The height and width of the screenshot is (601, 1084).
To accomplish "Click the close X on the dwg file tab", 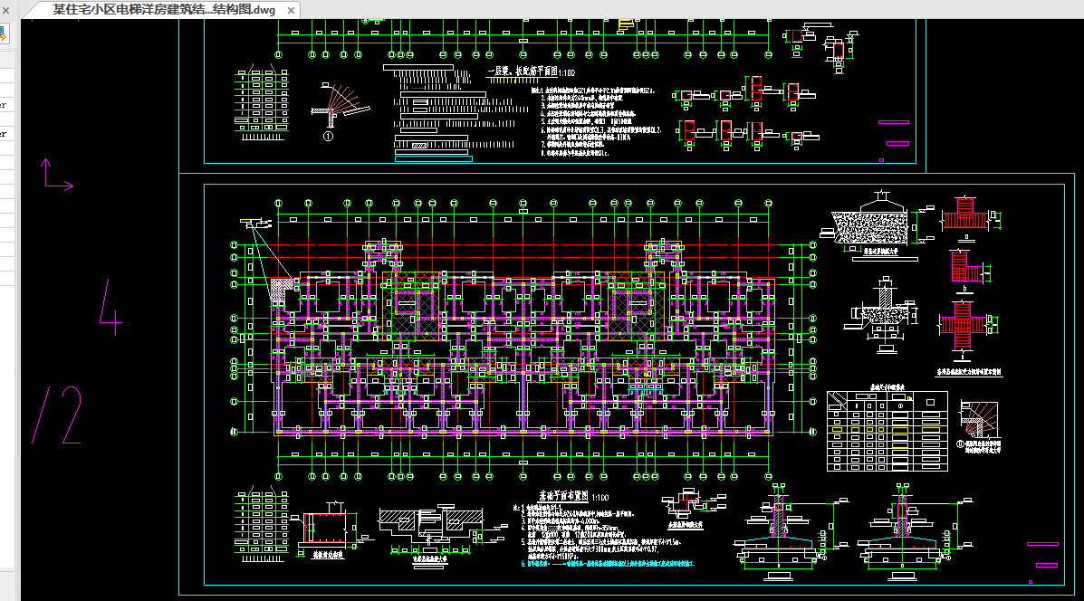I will click(x=291, y=11).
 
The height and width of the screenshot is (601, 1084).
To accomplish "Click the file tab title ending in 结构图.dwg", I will click(x=163, y=11).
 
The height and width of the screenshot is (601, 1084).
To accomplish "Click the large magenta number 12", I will click(x=58, y=415).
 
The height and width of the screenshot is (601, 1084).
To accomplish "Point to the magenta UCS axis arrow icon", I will click(x=55, y=176).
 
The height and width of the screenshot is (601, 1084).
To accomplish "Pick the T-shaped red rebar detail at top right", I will click(x=965, y=216).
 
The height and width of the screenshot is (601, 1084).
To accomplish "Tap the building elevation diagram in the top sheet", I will click(x=256, y=99).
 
